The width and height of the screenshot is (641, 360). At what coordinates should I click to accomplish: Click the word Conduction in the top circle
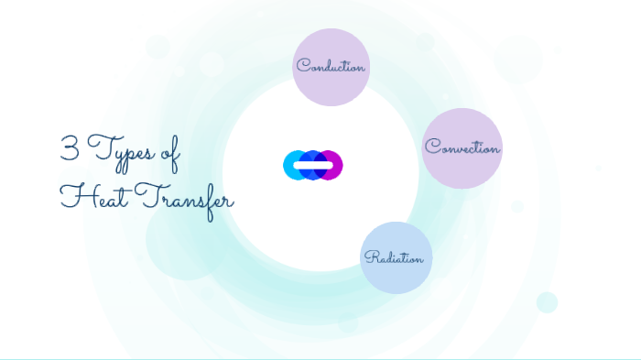[331, 67]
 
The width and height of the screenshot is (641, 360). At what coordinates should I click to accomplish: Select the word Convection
[462, 147]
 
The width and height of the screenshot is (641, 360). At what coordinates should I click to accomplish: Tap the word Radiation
[395, 257]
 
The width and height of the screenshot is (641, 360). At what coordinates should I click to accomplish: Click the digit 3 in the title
[69, 149]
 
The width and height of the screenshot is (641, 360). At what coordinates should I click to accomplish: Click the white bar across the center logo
[313, 165]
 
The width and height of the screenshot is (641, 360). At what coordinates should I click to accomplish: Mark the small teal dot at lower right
[547, 302]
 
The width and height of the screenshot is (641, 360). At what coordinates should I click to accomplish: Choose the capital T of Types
[97, 149]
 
